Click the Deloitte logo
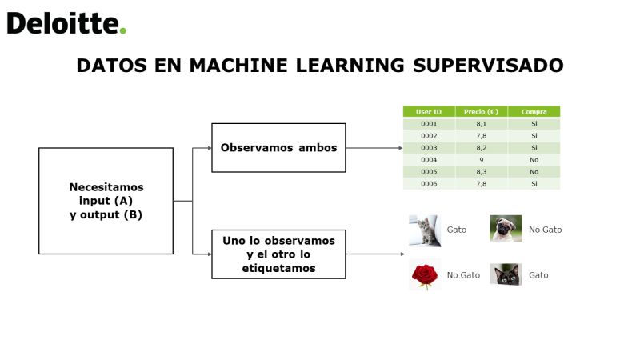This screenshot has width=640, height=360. coord(66,23)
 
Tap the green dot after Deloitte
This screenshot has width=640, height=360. coord(123,30)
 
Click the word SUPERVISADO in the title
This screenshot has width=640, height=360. coord(488,66)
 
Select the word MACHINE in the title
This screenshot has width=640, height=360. coord(238,66)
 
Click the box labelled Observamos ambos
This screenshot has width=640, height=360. coord(278,148)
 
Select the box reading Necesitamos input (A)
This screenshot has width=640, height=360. coord(106,201)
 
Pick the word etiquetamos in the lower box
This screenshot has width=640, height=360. coord(278,268)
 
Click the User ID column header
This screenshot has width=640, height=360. coord(429,111)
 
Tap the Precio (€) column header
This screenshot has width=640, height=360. coord(482,111)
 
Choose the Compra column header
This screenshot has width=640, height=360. coord(534,111)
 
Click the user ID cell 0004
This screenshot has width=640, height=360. coord(429,160)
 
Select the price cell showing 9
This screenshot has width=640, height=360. coord(482,160)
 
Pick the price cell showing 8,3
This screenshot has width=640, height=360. coord(482,172)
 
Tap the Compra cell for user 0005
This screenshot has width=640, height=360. coord(534,172)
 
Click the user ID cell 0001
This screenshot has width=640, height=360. coord(429,124)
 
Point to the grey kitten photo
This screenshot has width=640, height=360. coord(425,230)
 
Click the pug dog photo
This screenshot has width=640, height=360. coord(506,228)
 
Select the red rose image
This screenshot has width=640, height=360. coord(425,274)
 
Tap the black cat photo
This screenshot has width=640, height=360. coord(506,274)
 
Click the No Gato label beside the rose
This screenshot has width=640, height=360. coord(463,275)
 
